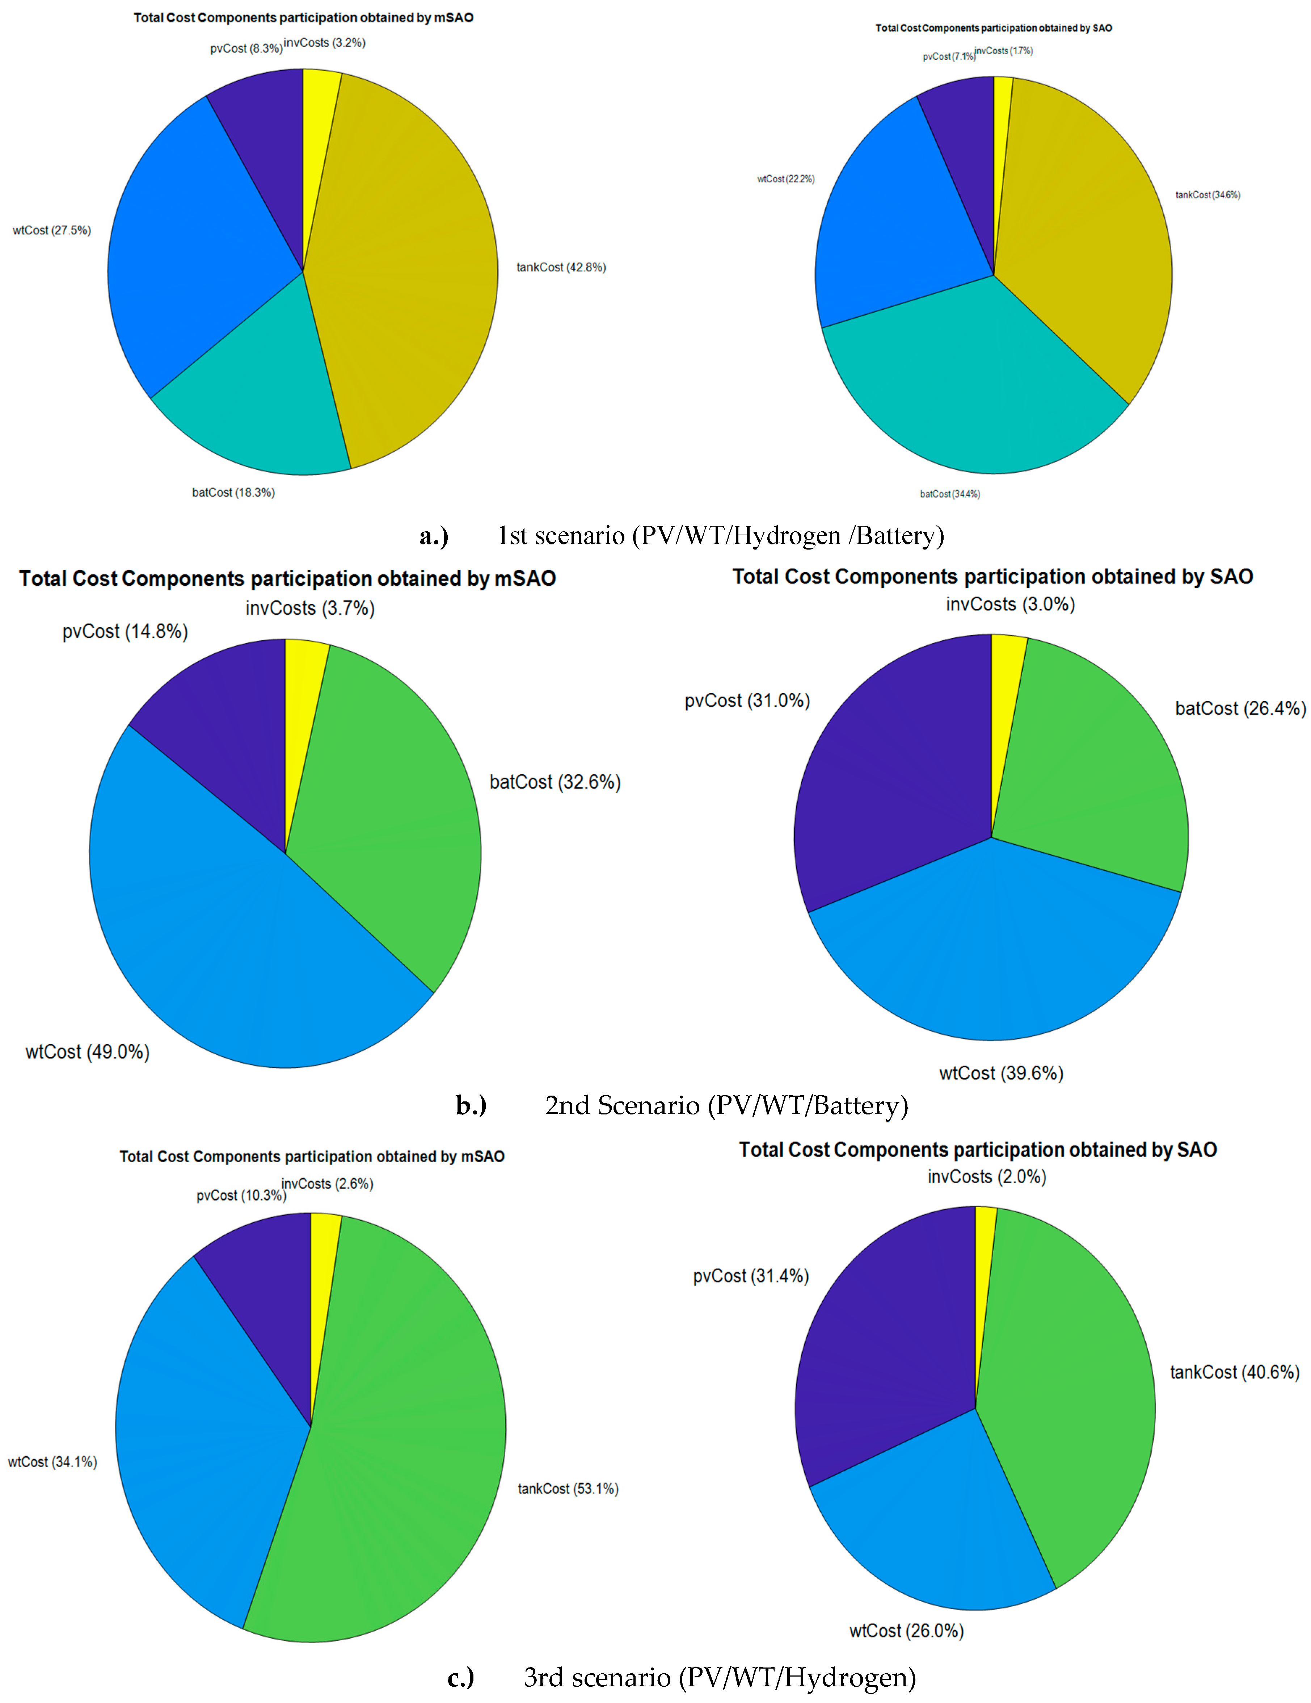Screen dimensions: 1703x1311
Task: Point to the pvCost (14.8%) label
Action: click(x=125, y=632)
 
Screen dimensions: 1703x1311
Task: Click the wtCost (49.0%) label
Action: click(x=87, y=1052)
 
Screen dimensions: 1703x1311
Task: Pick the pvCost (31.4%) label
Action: click(x=751, y=1276)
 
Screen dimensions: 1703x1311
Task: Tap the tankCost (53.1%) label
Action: click(x=568, y=1489)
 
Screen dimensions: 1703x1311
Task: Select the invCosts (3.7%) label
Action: click(x=309, y=608)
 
